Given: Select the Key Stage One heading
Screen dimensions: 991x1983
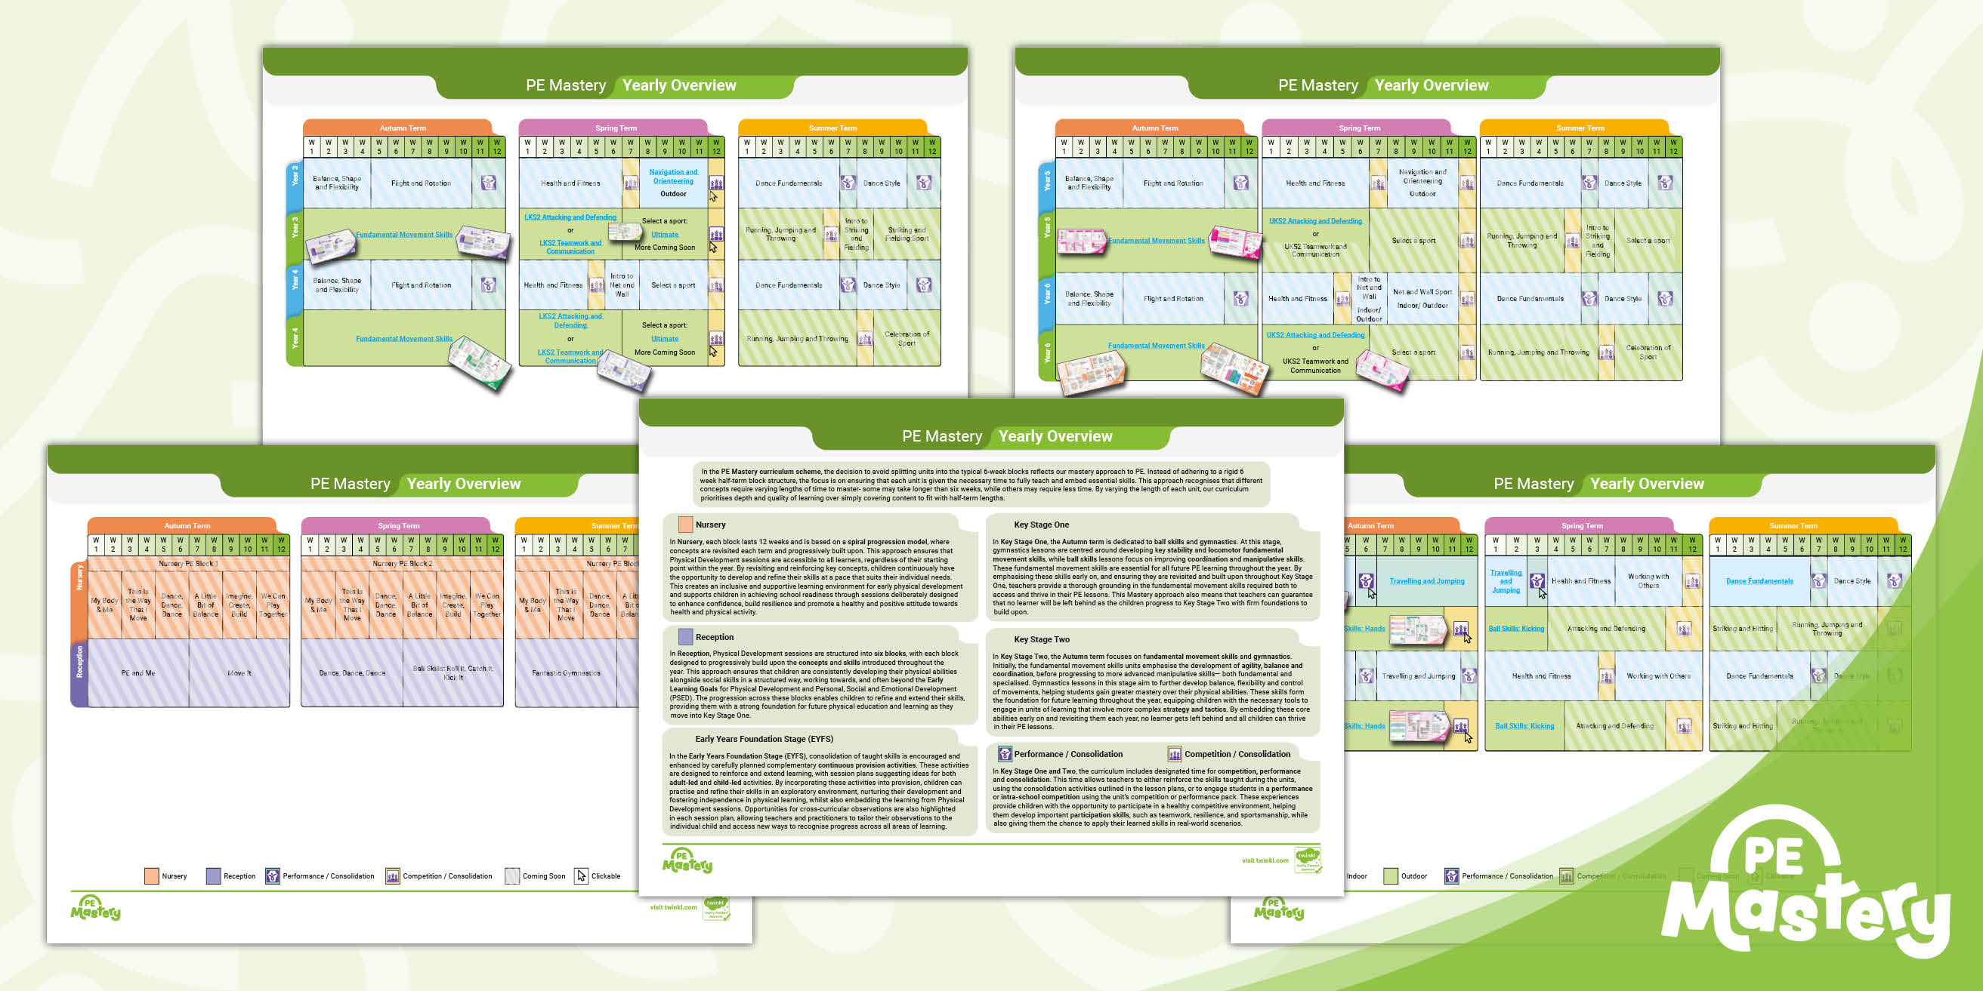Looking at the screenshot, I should (x=1041, y=525).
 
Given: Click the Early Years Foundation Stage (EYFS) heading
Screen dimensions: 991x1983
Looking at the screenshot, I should (x=764, y=739).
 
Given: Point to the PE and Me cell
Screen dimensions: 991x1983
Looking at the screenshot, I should (x=137, y=673).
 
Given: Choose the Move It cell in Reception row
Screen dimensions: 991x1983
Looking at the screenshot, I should (x=239, y=673).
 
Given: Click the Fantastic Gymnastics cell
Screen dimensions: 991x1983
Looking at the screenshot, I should (x=566, y=673).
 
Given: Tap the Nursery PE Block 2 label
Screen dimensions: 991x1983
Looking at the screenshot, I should (x=402, y=564).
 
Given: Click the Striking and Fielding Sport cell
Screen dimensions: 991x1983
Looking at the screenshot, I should (x=907, y=234).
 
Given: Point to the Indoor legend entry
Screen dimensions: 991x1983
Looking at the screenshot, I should (x=1357, y=876).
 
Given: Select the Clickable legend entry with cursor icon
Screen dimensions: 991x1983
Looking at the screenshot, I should (x=598, y=876).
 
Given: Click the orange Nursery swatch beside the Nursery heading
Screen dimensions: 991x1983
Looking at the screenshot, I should (x=685, y=525).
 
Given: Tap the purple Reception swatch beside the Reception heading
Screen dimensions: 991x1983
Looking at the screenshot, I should (x=685, y=637).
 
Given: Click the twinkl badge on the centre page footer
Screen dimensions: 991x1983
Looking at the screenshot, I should (x=1307, y=860).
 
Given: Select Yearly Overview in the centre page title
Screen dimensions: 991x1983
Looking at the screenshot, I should (x=1055, y=436).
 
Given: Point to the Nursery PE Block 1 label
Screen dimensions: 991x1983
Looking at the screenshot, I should (x=188, y=564).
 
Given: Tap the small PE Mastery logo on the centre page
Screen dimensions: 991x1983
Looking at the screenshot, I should (x=687, y=861).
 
